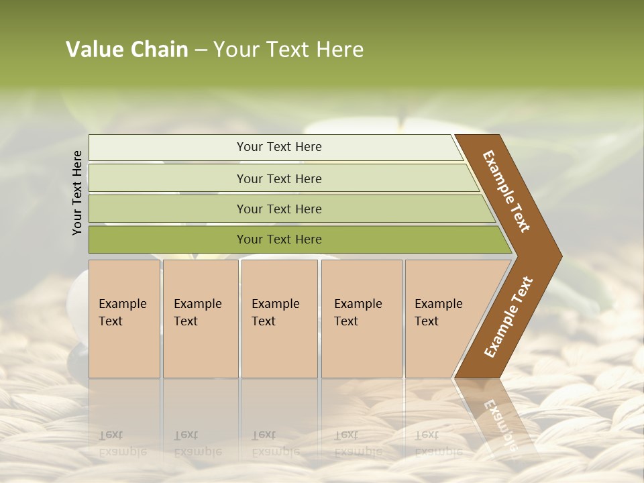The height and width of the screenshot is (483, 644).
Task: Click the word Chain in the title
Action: pos(159,50)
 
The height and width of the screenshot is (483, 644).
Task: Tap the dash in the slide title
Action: pos(201,50)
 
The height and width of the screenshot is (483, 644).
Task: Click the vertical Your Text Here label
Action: pos(77,193)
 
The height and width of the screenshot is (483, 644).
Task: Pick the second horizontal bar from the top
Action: pos(279,178)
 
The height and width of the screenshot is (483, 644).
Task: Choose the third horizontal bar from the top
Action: pos(279,209)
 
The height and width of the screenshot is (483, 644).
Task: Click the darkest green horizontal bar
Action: pos(279,239)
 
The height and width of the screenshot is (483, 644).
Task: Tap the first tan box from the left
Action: pos(124,318)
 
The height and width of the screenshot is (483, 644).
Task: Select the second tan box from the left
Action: pos(201,318)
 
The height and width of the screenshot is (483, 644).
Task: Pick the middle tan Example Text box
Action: pos(279,318)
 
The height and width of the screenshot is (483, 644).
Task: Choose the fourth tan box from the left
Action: pos(362,318)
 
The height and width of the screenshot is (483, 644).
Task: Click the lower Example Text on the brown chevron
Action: pos(508,317)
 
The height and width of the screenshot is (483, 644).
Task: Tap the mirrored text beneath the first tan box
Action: pos(122,443)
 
